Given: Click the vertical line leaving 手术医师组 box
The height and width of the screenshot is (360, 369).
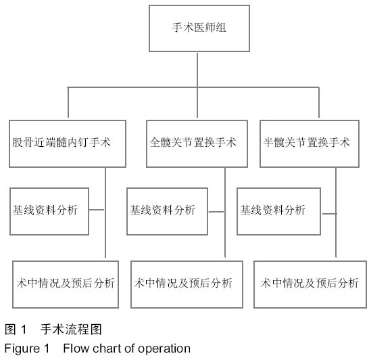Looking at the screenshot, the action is (x=197, y=70).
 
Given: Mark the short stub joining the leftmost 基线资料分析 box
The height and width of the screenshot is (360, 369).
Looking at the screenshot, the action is (x=97, y=210).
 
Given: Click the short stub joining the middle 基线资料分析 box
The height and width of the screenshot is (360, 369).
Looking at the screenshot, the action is (x=216, y=212).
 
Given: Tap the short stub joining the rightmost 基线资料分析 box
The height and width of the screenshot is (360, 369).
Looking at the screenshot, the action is (x=330, y=214).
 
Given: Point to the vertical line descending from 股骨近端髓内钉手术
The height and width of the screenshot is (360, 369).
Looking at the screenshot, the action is (x=105, y=212).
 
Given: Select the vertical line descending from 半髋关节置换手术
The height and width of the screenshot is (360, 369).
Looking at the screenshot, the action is (x=336, y=212).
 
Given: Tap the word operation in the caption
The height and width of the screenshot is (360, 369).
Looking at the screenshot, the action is (x=164, y=349).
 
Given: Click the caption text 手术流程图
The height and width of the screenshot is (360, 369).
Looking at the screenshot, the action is (x=71, y=329).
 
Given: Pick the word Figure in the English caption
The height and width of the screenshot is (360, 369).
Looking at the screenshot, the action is (x=22, y=349).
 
